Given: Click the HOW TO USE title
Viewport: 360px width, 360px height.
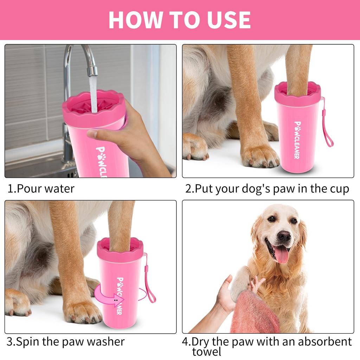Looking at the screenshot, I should coord(180,20).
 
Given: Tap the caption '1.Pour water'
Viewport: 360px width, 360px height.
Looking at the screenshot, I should coord(41,188).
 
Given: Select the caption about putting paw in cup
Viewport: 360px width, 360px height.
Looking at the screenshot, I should coord(267,188).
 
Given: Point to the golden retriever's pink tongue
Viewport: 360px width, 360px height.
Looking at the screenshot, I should coord(281,255).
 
